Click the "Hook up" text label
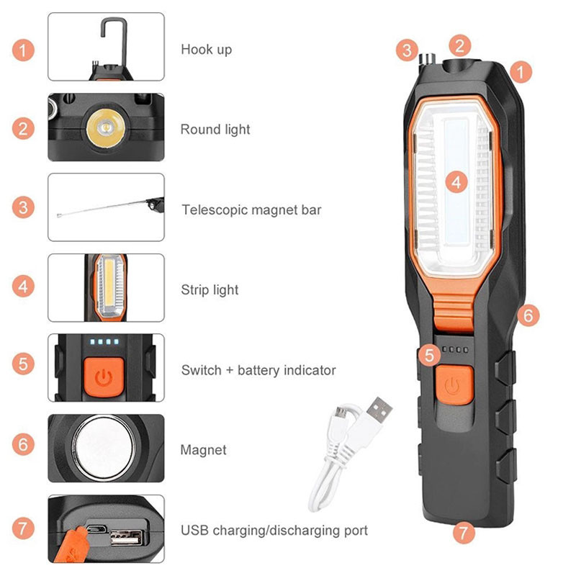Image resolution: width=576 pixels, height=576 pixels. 206,50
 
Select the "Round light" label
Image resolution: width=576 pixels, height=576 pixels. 215,130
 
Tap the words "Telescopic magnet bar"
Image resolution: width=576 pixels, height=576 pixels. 251,210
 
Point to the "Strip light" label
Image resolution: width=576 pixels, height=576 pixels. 210,290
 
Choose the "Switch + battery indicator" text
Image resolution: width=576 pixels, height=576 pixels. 258,370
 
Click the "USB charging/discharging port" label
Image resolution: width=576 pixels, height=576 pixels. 274,531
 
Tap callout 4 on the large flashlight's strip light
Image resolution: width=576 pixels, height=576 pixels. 456,181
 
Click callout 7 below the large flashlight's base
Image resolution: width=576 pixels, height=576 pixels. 464,534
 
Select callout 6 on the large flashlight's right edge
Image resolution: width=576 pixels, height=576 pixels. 528,315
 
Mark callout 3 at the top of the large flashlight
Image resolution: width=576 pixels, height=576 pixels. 408,50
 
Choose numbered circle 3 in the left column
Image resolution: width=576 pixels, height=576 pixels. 24,208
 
